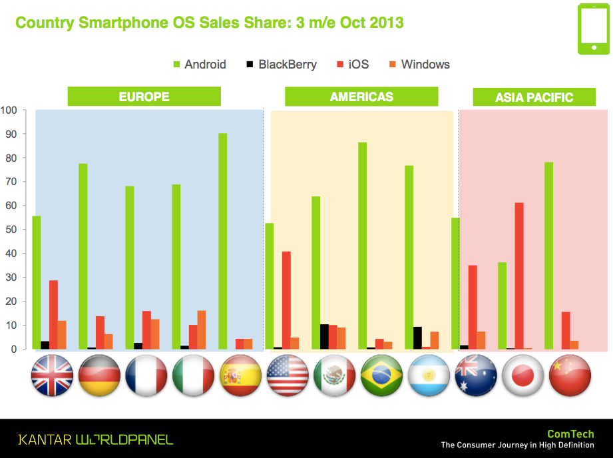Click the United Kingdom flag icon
(x=53, y=376)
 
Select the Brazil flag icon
(x=382, y=376)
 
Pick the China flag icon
(x=570, y=376)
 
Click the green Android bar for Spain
(x=222, y=241)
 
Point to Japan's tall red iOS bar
(x=519, y=276)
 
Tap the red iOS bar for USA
(x=286, y=300)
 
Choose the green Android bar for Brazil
(x=362, y=246)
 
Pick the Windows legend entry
(x=419, y=65)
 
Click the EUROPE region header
(x=144, y=97)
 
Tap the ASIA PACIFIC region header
(x=534, y=98)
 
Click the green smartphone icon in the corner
(x=592, y=29)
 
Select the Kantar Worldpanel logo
(x=95, y=439)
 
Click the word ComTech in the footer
(x=570, y=434)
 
